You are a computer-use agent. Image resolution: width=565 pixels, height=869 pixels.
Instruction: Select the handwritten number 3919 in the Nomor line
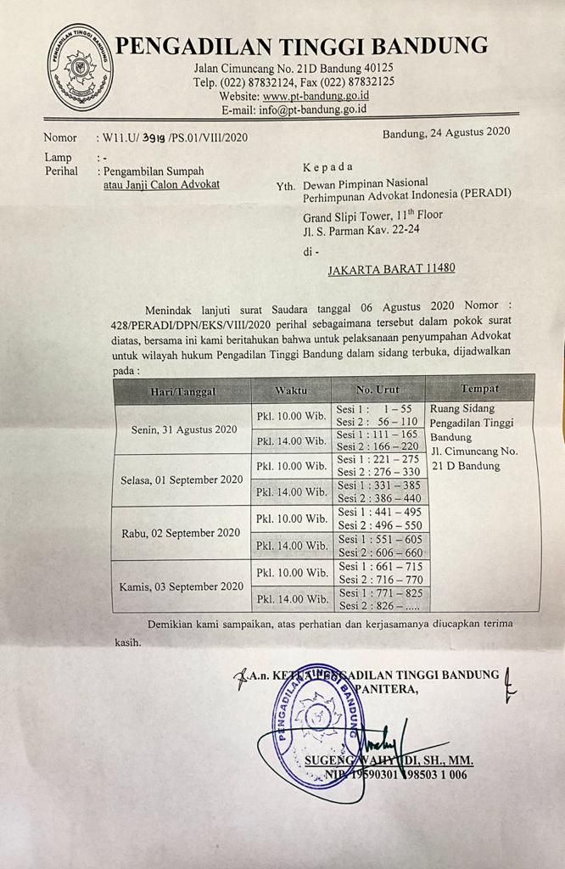(154, 137)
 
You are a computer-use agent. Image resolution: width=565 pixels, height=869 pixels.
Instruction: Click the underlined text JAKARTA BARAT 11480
(391, 268)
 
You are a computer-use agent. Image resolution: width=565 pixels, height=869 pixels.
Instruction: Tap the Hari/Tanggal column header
(182, 391)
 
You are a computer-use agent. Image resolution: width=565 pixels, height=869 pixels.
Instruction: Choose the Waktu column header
(291, 390)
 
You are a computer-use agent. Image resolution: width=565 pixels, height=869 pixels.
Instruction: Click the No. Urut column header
(378, 389)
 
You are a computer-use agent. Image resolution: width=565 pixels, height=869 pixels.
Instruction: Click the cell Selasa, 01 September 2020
(182, 479)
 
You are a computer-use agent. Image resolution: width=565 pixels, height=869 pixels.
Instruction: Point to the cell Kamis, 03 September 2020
(183, 586)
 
